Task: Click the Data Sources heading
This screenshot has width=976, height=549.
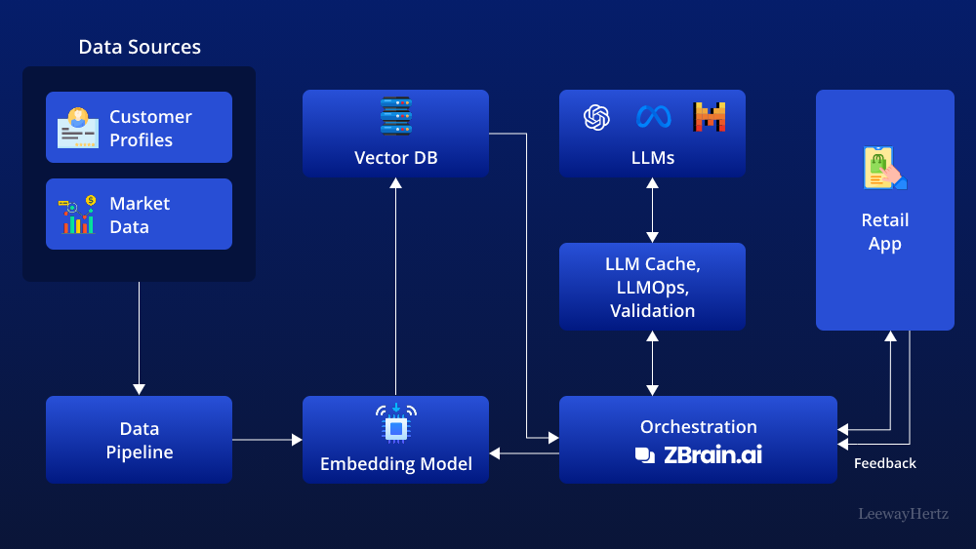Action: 140,47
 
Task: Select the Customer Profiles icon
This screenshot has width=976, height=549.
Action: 77,128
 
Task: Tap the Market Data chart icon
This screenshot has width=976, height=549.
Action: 77,215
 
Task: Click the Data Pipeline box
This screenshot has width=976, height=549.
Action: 139,440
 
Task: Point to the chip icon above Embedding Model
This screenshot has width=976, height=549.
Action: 395,425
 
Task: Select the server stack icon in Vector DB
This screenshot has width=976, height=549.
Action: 395,117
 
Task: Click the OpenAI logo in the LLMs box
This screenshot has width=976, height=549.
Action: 596,117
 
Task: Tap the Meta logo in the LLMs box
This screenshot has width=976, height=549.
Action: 653,117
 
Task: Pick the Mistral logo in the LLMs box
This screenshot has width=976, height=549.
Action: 710,117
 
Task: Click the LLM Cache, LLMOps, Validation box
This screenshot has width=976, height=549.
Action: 652,287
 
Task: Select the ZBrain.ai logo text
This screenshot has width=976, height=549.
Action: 699,454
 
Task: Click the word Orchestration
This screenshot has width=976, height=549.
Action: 698,426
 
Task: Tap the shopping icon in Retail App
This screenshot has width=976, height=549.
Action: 884,169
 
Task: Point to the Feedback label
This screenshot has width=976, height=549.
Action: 884,464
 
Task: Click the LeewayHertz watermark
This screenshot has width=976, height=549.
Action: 903,513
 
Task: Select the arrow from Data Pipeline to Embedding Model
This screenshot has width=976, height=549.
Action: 266,440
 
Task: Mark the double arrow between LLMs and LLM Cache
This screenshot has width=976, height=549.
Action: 652,210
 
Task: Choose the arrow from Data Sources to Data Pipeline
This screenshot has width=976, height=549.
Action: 139,336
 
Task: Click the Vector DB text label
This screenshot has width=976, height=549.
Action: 395,157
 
